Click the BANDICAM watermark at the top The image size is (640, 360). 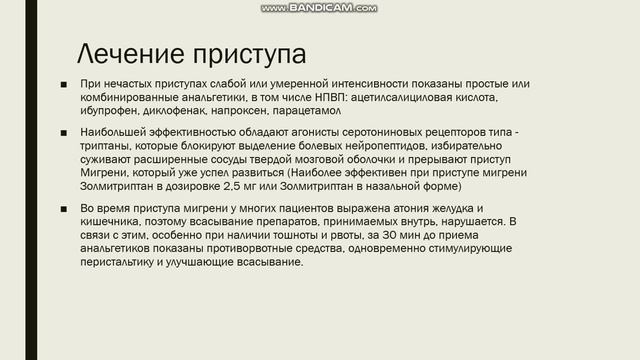319,8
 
